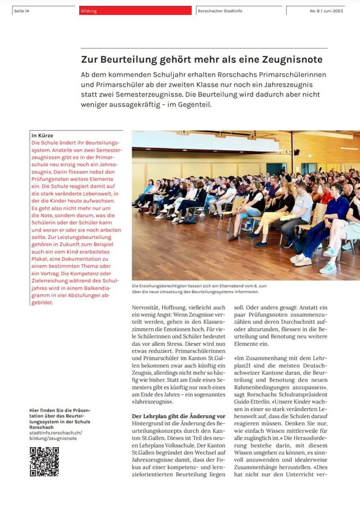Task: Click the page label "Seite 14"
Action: [x=22, y=11]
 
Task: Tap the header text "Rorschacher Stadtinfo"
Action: [x=220, y=11]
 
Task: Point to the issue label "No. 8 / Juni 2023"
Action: [x=326, y=11]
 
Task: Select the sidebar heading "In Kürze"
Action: [x=43, y=135]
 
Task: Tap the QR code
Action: [x=44, y=461]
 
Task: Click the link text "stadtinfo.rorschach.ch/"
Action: [x=56, y=433]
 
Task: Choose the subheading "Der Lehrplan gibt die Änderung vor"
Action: [x=179, y=416]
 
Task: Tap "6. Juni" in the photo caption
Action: [x=259, y=286]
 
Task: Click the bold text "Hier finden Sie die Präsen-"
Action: [x=60, y=411]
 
